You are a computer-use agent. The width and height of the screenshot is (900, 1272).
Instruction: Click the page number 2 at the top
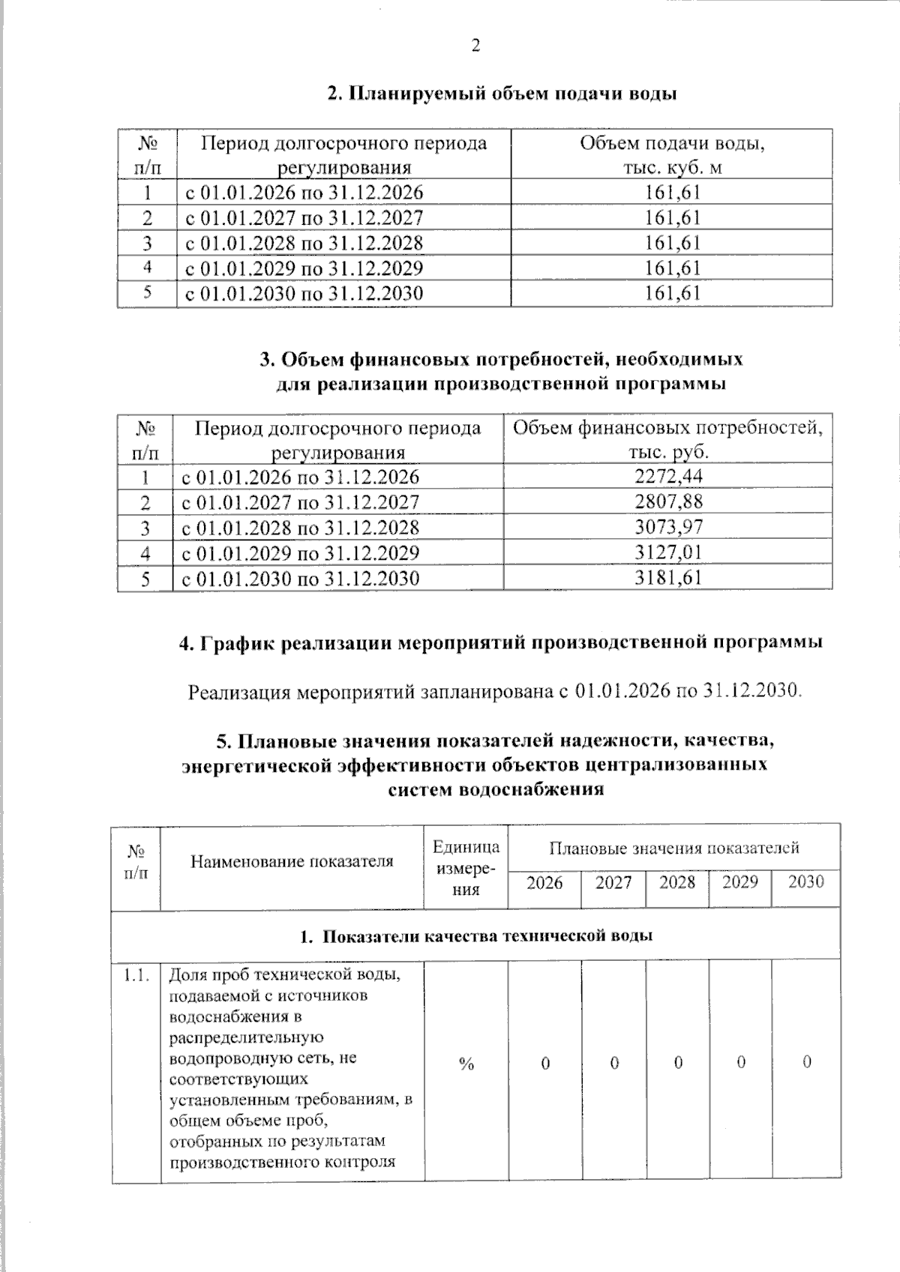click(x=475, y=46)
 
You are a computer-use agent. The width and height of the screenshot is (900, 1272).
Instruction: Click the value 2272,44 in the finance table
click(x=668, y=477)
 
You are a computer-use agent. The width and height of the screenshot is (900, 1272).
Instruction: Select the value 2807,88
click(x=668, y=501)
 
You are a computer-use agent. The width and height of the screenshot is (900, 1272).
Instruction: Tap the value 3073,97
click(x=668, y=527)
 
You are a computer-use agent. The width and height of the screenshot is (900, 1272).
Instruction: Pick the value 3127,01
click(x=668, y=553)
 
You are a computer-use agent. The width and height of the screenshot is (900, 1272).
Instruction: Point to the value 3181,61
click(x=668, y=579)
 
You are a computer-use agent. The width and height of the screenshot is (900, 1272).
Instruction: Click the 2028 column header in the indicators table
click(x=677, y=882)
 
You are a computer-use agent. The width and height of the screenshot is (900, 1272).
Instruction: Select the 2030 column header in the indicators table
click(x=806, y=882)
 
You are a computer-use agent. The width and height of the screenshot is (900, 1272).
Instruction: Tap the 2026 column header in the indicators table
click(x=544, y=883)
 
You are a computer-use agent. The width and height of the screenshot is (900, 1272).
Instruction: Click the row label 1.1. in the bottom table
click(x=136, y=975)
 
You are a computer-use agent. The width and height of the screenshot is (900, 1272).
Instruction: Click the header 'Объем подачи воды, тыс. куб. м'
click(x=672, y=155)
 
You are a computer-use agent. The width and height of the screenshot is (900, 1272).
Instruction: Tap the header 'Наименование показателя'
click(x=292, y=862)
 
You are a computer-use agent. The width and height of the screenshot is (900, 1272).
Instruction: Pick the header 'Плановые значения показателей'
click(x=673, y=848)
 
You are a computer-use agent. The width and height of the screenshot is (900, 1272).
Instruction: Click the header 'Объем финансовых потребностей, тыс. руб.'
click(x=667, y=440)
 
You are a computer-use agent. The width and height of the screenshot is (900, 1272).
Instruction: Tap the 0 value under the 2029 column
click(x=740, y=1063)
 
